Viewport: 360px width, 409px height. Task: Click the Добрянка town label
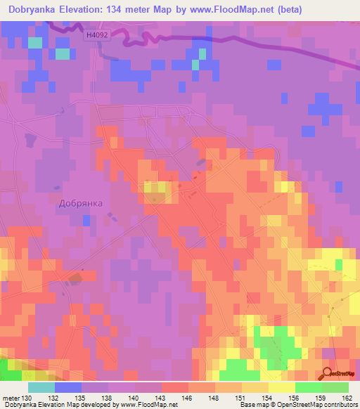point(80,203)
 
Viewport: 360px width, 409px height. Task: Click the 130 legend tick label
point(27,397)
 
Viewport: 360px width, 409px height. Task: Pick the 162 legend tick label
point(347,397)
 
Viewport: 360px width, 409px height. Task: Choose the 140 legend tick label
point(134,397)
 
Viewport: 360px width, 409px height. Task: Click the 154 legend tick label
point(267,397)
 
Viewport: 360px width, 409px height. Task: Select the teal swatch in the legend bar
point(41,387)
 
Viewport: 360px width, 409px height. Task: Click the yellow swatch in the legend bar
point(281,387)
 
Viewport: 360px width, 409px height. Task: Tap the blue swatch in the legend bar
point(67,387)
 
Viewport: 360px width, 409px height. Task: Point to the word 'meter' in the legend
point(10,397)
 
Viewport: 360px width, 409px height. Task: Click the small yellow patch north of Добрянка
point(155,187)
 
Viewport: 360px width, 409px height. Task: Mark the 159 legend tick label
point(321,397)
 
